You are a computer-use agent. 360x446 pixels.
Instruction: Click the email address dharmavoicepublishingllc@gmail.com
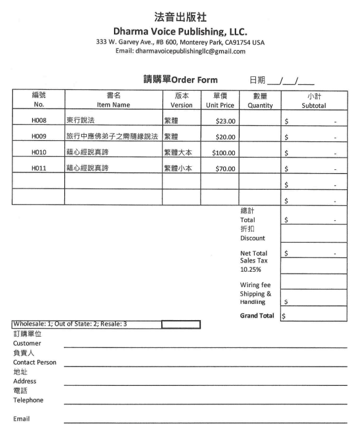(180, 51)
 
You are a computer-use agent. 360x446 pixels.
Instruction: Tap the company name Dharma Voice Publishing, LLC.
(180, 31)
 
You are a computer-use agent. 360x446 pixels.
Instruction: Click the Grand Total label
(257, 316)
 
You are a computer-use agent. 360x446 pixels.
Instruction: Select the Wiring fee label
(255, 285)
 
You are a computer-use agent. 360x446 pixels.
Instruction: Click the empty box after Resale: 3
(180, 324)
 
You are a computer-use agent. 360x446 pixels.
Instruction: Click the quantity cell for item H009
(260, 136)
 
